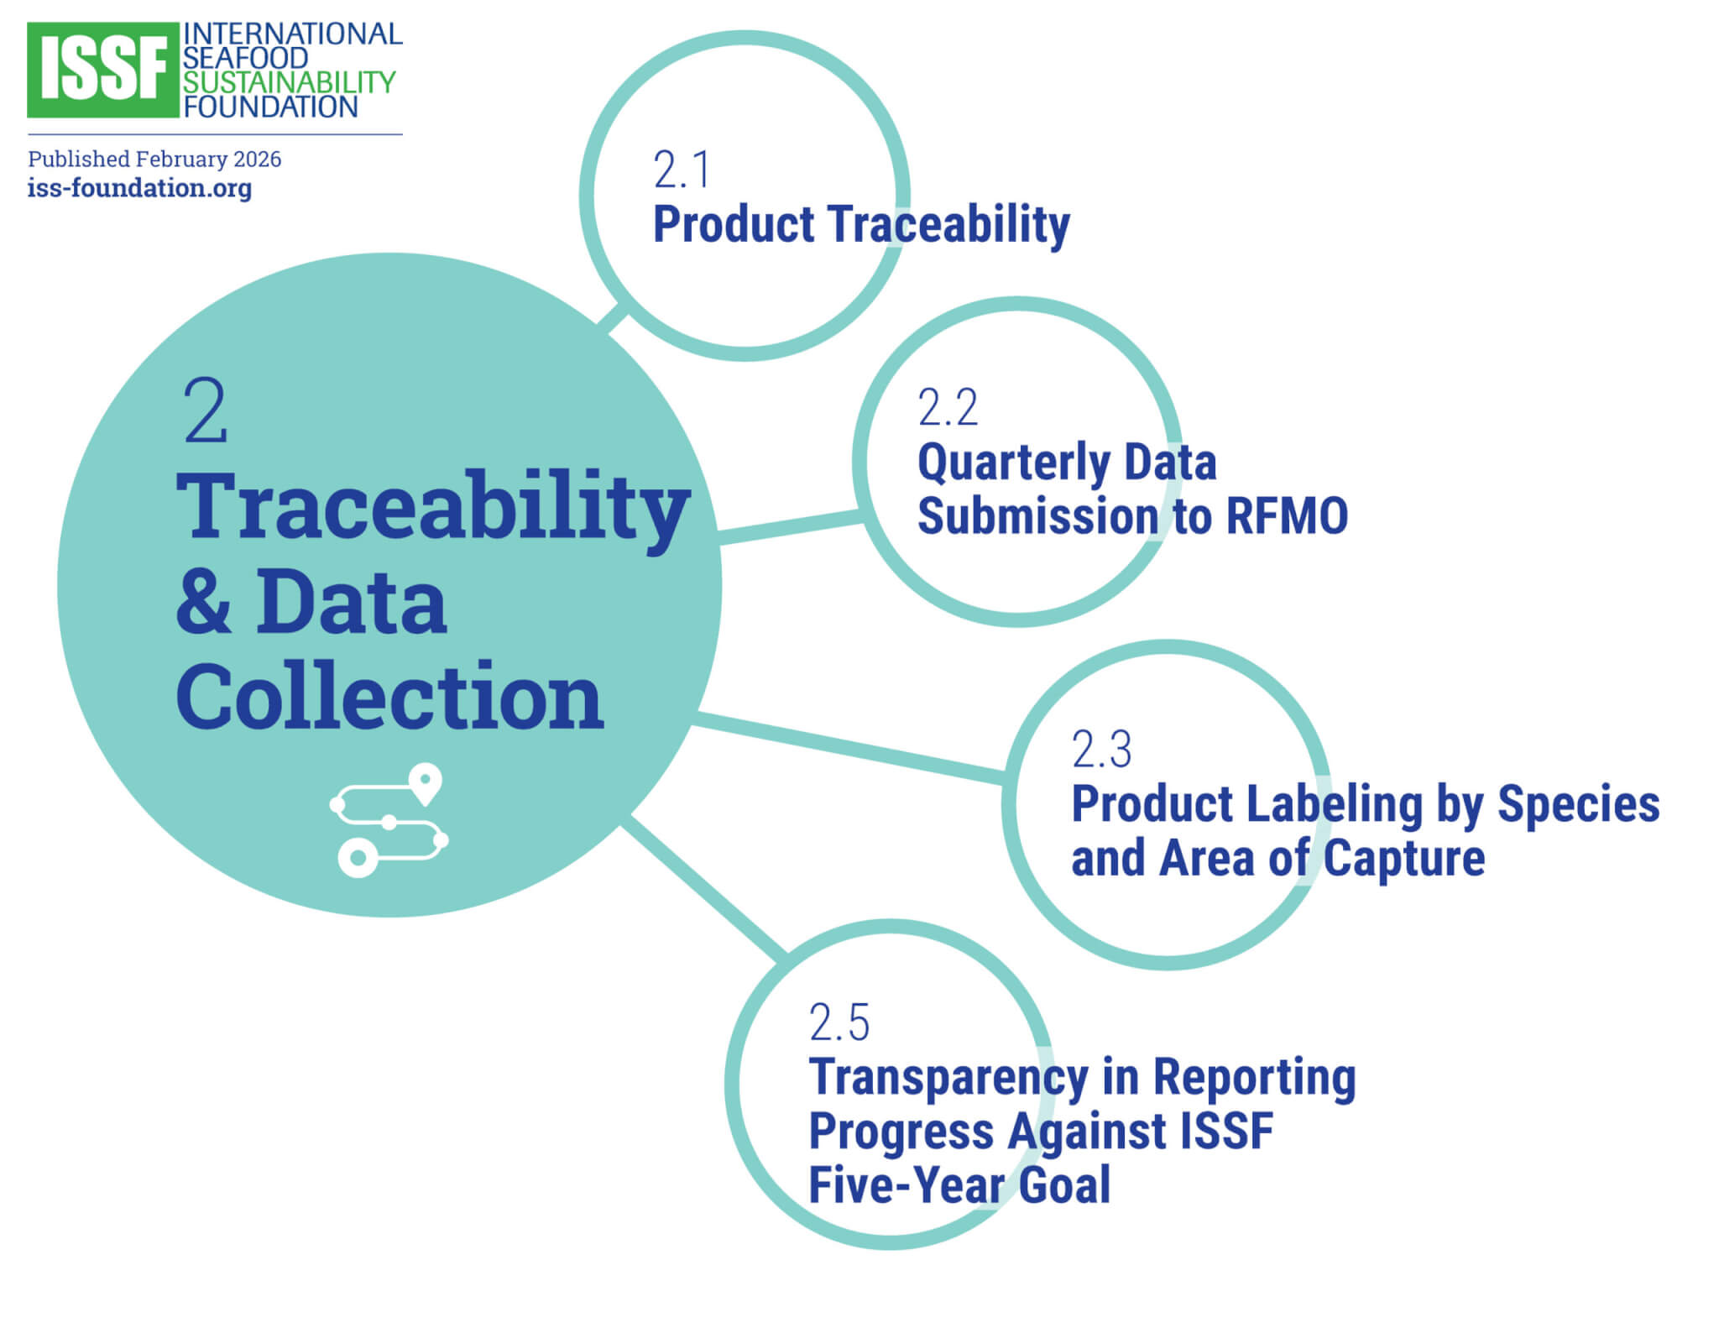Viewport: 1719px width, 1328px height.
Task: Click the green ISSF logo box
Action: pyautogui.click(x=102, y=70)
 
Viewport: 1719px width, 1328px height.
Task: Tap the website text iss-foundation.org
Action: pyautogui.click(x=139, y=187)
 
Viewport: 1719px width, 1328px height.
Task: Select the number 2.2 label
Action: pyautogui.click(x=948, y=407)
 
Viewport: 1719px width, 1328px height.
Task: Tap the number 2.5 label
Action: pyautogui.click(x=839, y=1022)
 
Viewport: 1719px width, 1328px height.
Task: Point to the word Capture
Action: pyautogui.click(x=1403, y=858)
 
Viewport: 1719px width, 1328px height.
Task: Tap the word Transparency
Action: pyautogui.click(x=948, y=1078)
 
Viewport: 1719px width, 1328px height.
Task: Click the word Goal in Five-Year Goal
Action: pyautogui.click(x=1064, y=1184)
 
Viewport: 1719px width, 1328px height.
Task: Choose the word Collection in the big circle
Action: pyautogui.click(x=389, y=696)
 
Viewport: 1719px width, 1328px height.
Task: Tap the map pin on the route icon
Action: pyautogui.click(x=426, y=783)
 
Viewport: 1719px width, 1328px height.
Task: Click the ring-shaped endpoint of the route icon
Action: pyautogui.click(x=358, y=857)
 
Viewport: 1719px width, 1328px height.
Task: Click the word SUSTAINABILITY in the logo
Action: pyautogui.click(x=289, y=82)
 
